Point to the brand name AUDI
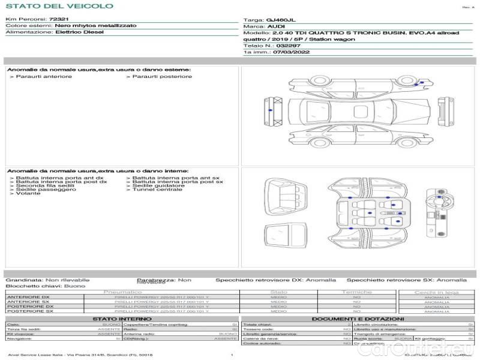[276, 27]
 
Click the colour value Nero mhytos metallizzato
[95, 26]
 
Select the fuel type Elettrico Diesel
[79, 32]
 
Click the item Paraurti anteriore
[43, 77]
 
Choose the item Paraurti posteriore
[162, 77]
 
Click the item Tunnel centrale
[157, 190]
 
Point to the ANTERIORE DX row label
[28, 297]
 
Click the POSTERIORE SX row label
[29, 311]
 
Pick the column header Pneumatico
[123, 292]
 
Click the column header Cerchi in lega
[436, 292]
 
